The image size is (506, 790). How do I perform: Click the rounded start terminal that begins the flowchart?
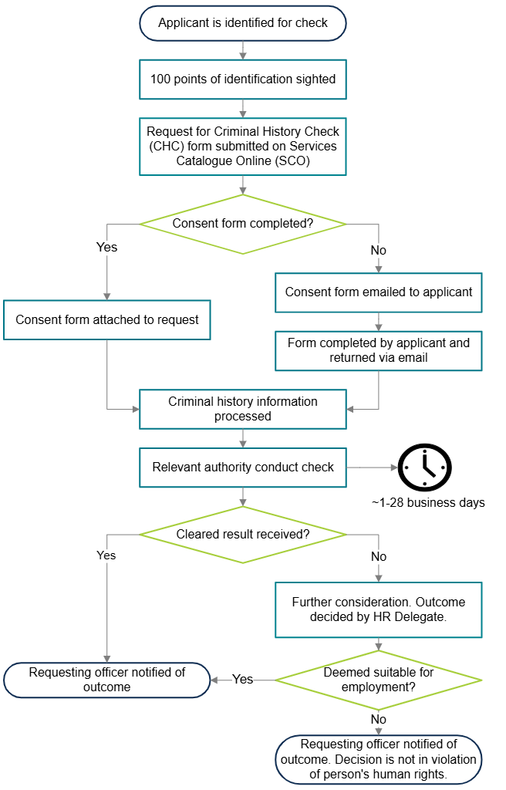point(242,23)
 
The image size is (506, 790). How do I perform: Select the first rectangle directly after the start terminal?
point(242,79)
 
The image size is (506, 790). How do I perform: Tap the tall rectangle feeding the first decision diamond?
point(242,147)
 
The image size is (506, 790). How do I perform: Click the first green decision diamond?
point(242,225)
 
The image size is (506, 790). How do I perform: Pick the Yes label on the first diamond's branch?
point(106,248)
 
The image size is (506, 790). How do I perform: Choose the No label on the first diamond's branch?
point(378,251)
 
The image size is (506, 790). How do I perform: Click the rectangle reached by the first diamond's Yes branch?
point(106,320)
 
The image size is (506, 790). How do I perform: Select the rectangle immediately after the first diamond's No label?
point(378,292)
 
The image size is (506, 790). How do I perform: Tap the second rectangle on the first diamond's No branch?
point(378,351)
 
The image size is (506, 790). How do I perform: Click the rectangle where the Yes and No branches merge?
point(242,409)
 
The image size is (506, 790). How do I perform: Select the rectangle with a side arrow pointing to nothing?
point(242,468)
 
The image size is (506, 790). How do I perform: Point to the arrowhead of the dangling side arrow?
point(394,468)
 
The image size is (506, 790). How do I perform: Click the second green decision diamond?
point(242,535)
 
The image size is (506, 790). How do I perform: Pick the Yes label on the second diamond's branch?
point(106,555)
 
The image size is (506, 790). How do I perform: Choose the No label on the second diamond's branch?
point(378,556)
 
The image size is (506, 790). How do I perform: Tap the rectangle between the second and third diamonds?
point(378,610)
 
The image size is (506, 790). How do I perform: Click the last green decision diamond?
point(378,680)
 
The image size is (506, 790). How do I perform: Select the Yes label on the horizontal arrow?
point(242,680)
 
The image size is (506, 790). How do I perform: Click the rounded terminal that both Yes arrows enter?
point(106,680)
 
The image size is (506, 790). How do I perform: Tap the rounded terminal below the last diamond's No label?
point(378,760)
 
